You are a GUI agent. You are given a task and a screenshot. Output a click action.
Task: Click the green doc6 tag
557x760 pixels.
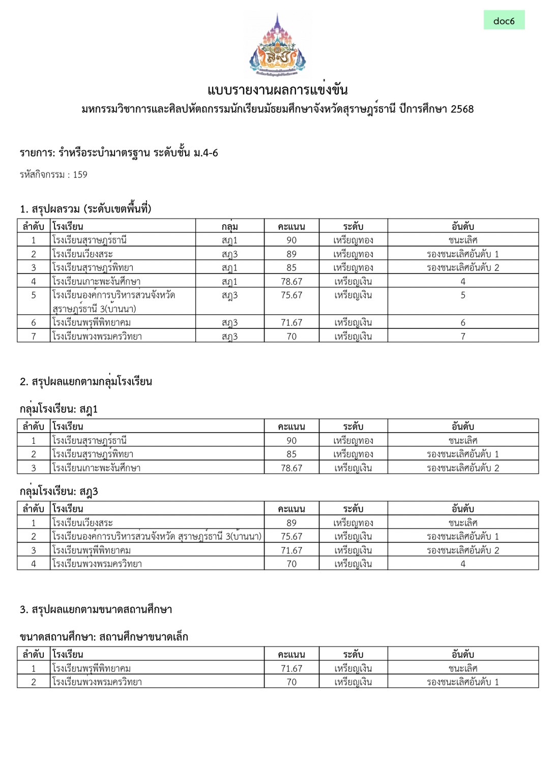pos(504,20)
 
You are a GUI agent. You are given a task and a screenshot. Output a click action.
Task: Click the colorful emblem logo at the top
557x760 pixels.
pos(277,45)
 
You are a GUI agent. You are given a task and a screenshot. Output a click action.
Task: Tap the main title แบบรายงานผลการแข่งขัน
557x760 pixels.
pos(277,90)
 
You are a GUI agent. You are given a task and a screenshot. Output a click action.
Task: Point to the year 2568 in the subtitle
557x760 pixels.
pos(462,109)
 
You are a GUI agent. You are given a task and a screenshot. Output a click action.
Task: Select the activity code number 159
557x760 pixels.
pos(80,175)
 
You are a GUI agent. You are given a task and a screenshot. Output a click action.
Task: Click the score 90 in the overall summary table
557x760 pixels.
pos(291,240)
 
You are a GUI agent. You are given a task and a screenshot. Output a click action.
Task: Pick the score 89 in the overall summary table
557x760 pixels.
pos(291,254)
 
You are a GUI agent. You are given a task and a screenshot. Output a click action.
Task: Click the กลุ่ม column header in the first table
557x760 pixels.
pos(229,226)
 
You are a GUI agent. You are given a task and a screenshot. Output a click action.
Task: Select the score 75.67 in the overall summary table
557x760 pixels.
pos(291,295)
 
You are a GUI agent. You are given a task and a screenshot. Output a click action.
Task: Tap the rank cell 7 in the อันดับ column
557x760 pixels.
pos(463,336)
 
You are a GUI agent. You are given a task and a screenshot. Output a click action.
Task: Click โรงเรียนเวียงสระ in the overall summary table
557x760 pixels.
pos(82,254)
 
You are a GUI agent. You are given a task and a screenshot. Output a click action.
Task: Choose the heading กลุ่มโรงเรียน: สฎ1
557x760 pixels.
pos(59,409)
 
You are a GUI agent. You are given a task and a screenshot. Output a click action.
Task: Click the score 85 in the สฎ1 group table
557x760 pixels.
pos(291,454)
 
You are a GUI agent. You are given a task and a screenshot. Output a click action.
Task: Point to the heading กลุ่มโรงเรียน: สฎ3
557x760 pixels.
pos(59,491)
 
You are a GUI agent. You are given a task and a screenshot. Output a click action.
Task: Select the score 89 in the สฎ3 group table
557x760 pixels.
pos(291,523)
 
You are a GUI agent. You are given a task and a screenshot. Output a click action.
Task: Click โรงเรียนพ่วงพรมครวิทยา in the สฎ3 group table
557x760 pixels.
pos(97,564)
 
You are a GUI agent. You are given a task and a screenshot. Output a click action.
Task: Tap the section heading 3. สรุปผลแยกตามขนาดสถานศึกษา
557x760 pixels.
pos(96,609)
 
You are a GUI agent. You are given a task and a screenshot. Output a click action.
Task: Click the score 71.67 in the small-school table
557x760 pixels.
pos(291,668)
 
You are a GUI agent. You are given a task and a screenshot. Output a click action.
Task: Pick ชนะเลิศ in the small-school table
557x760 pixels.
pos(463,668)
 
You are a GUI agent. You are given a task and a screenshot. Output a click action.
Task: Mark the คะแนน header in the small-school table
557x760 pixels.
pos(291,654)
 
